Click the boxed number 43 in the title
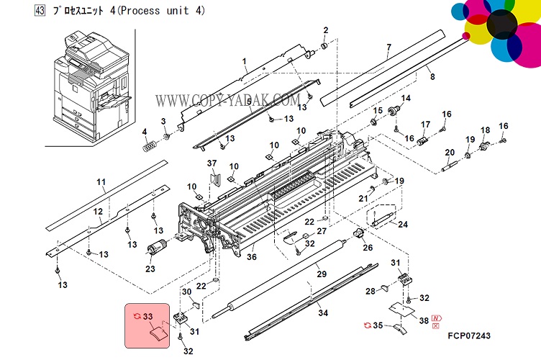click(40, 12)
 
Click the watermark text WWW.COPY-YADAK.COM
click(229, 101)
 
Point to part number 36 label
click(252, 257)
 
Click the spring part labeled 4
click(149, 144)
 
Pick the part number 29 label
click(322, 274)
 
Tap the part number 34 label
click(323, 312)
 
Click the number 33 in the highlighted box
click(149, 315)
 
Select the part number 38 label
click(424, 320)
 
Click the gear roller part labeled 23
click(153, 253)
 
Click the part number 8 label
click(432, 76)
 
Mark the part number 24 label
click(403, 225)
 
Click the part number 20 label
click(450, 152)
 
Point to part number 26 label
click(368, 249)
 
